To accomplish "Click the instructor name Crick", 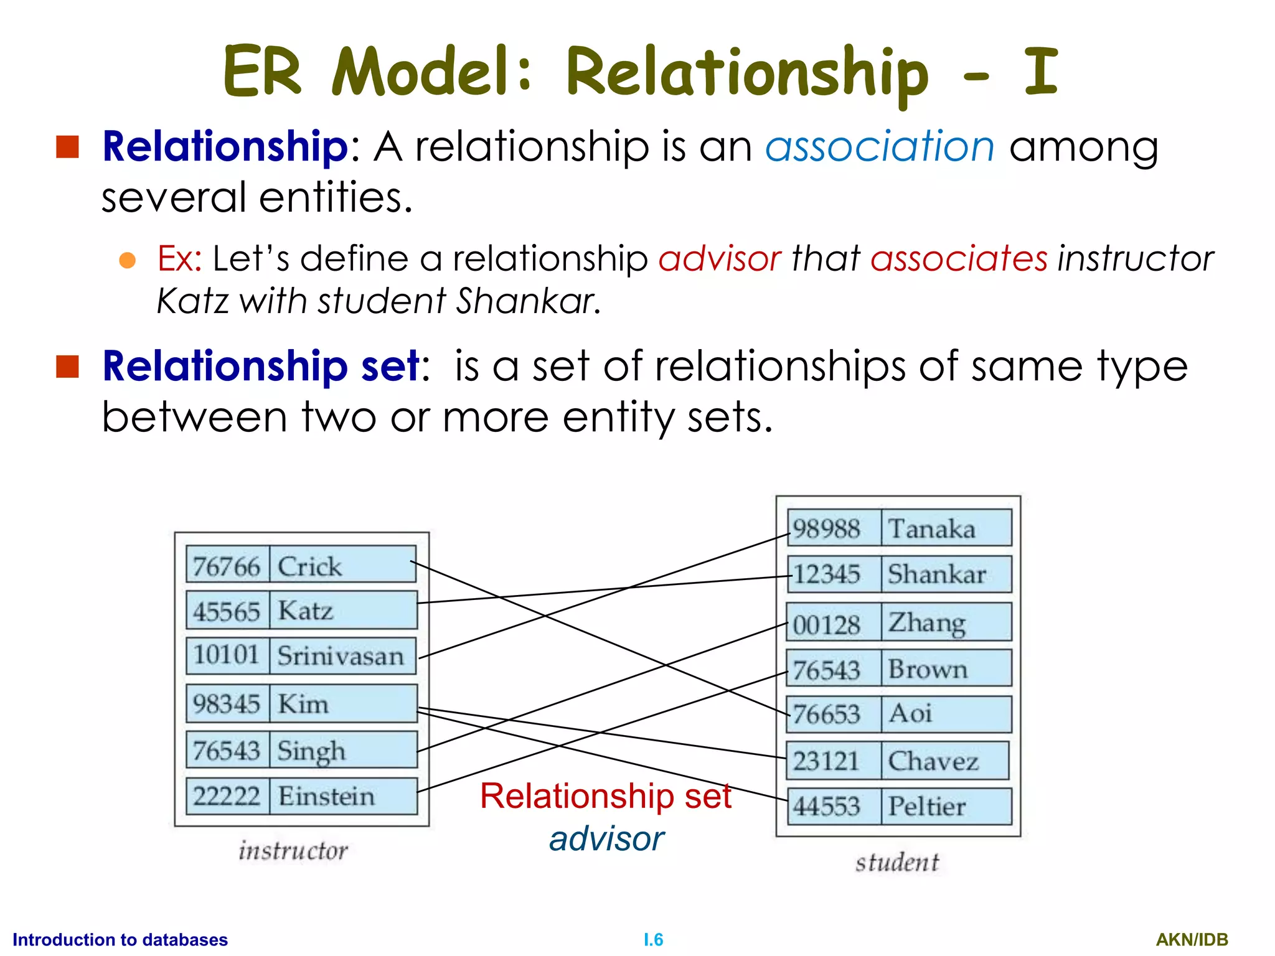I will coord(309,566).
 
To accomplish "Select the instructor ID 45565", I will coord(226,611).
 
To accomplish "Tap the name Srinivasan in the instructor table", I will coord(341,656).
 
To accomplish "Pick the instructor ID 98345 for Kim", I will coord(226,704).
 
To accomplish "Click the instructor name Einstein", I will coord(326,796).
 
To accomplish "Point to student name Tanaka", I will coord(931,529).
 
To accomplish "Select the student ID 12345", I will coord(827,574).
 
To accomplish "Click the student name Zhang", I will coord(927,622).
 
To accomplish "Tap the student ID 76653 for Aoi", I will coord(827,714).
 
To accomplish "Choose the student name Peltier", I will coord(927,807).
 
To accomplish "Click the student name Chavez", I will coord(933,761).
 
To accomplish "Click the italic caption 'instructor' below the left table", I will coord(293,850).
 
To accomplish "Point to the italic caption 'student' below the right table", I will coord(897,862).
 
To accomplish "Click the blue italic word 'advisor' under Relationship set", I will coord(606,838).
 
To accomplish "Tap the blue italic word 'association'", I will coord(880,147).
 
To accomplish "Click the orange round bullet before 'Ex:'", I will coord(128,260).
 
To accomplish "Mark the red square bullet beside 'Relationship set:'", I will coord(67,367).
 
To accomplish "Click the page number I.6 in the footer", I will coord(653,939).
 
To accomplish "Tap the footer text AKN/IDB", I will coord(1192,939).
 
